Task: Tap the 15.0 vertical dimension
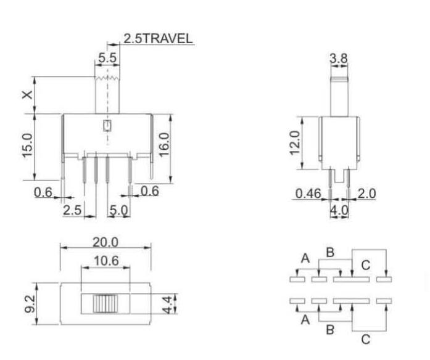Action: click(x=26, y=147)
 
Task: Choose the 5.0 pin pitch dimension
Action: click(x=118, y=210)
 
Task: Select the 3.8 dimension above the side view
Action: click(x=339, y=59)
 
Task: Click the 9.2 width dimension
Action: click(x=26, y=303)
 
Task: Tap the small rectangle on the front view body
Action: click(x=107, y=127)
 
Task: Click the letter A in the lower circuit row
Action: click(x=305, y=319)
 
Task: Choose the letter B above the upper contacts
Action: click(x=330, y=252)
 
